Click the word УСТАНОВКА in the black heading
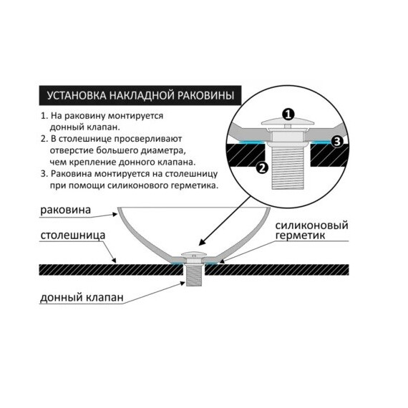coord(77,95)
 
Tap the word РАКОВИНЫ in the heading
coord(205,95)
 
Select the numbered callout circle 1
coord(288,115)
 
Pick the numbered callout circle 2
coord(262,167)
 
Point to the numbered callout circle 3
coord(337,142)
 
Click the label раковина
coord(65,210)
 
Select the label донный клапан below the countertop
coord(82,298)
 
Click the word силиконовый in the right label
coord(311,225)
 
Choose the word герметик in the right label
coord(300,235)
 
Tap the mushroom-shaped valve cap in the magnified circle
coord(288,123)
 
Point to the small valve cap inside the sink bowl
coord(193,253)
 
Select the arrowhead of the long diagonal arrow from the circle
coord(202,242)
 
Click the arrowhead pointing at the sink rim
coord(115,215)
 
